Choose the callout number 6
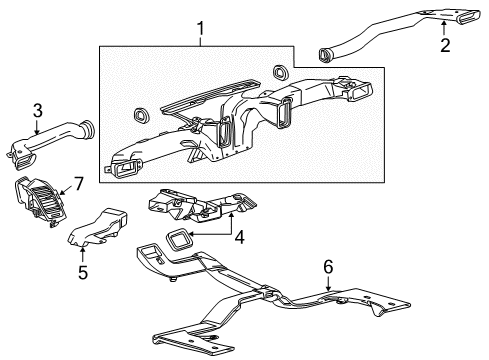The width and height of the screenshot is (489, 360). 328,266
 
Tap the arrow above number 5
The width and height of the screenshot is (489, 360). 82,252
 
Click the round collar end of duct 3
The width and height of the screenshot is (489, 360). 89,127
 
